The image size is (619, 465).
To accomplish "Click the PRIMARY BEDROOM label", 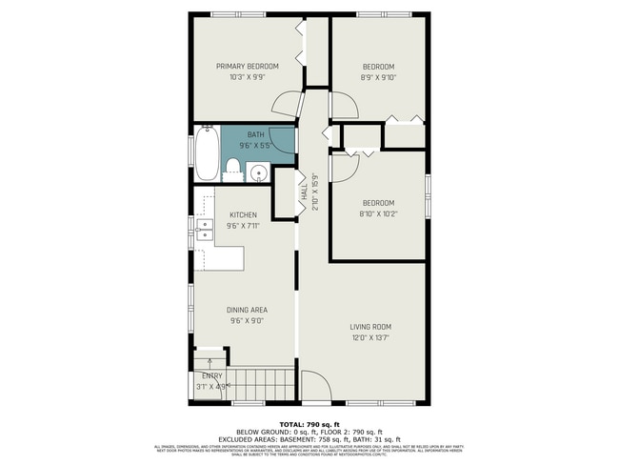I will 248,66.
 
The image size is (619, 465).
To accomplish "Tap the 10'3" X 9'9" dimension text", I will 248,77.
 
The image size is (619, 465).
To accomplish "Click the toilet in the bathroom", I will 231,171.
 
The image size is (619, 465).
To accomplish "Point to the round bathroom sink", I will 257,172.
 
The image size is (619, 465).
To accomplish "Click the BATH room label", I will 257,134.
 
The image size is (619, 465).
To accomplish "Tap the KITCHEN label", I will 244,215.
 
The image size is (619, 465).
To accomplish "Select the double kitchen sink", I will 205,231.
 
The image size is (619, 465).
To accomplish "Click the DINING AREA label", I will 247,310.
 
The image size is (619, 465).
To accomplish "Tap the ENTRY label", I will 211,375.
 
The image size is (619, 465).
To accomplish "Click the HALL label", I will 304,193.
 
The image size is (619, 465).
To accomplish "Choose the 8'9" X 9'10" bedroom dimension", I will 378,77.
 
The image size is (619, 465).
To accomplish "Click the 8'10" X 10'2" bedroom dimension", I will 378,214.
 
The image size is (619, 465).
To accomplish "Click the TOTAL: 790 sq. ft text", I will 309,424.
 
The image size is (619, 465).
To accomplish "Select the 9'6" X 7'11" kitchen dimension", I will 244,227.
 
